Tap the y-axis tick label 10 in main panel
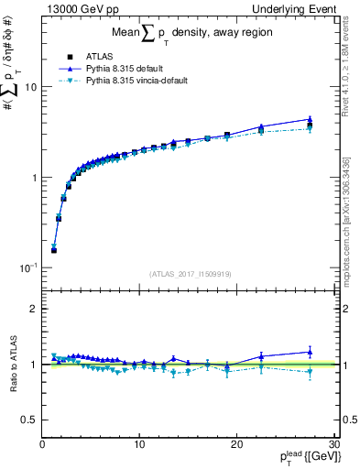pos(30,87)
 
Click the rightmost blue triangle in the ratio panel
pos(310,352)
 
